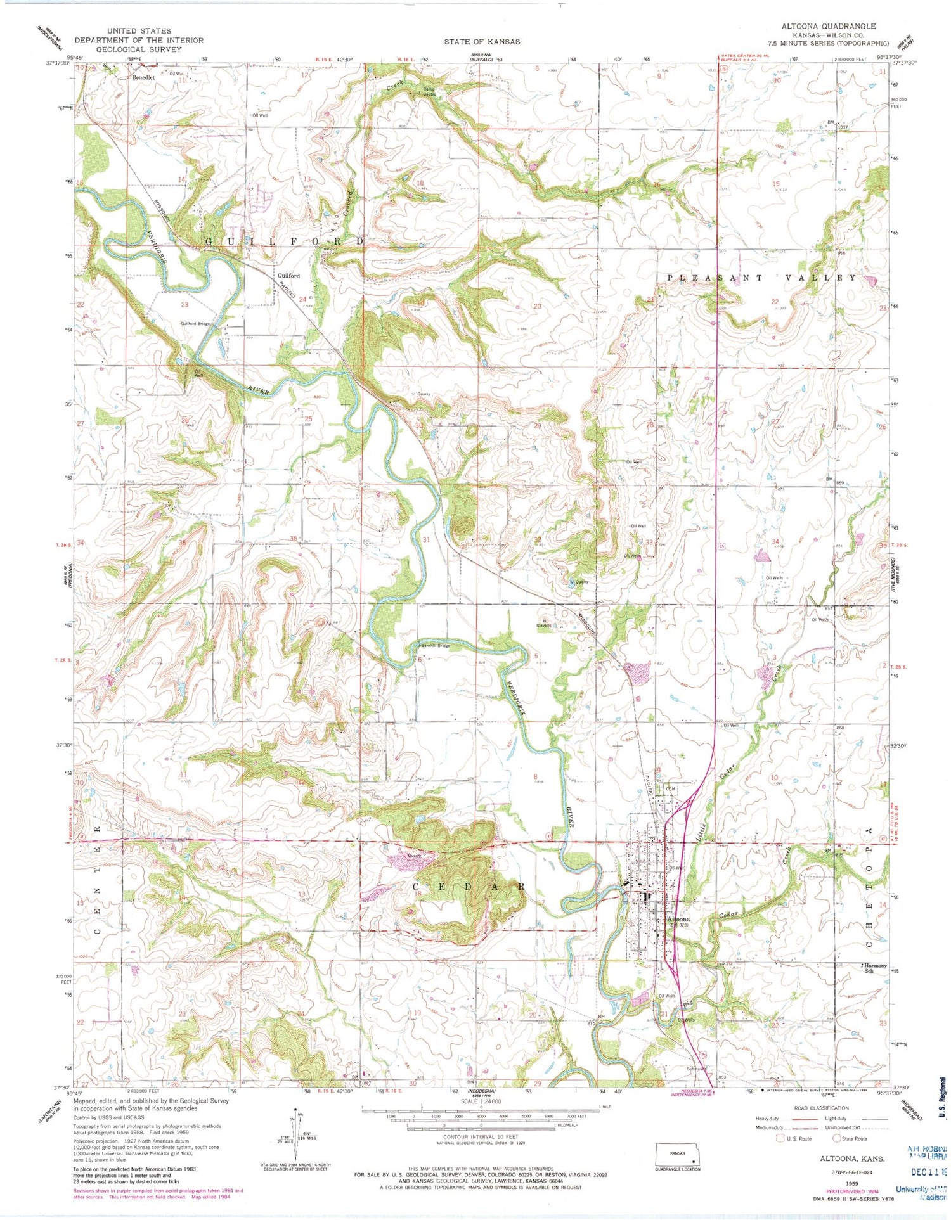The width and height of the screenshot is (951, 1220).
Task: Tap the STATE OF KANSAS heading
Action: click(x=481, y=41)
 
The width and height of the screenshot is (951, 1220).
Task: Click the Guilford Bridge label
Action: click(x=195, y=324)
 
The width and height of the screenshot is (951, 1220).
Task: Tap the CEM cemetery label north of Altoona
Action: click(x=669, y=788)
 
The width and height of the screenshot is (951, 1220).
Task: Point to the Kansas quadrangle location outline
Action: click(x=678, y=1155)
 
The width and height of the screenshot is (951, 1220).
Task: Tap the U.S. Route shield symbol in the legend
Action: click(x=780, y=1138)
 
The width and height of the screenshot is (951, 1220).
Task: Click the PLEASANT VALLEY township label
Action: click(x=760, y=278)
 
